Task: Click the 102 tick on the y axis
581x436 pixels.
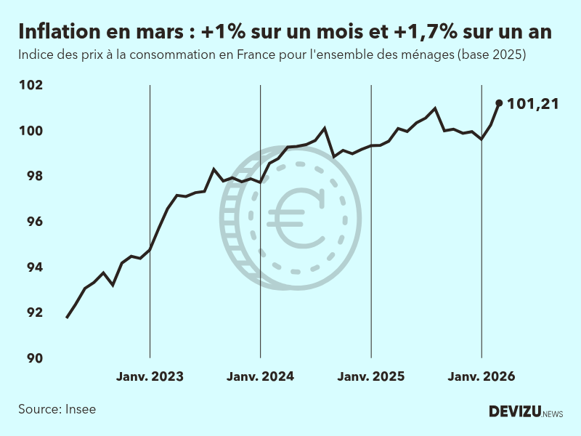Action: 31,85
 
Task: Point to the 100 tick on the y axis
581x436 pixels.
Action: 31,131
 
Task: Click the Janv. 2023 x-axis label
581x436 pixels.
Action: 150,376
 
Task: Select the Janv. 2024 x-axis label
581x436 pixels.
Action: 260,376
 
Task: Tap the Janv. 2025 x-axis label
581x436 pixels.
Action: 371,376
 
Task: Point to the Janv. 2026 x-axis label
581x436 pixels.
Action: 482,376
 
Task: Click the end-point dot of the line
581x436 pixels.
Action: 499,103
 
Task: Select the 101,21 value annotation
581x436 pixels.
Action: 532,104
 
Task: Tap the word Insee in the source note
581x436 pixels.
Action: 79,409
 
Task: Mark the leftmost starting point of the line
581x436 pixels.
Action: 67,318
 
